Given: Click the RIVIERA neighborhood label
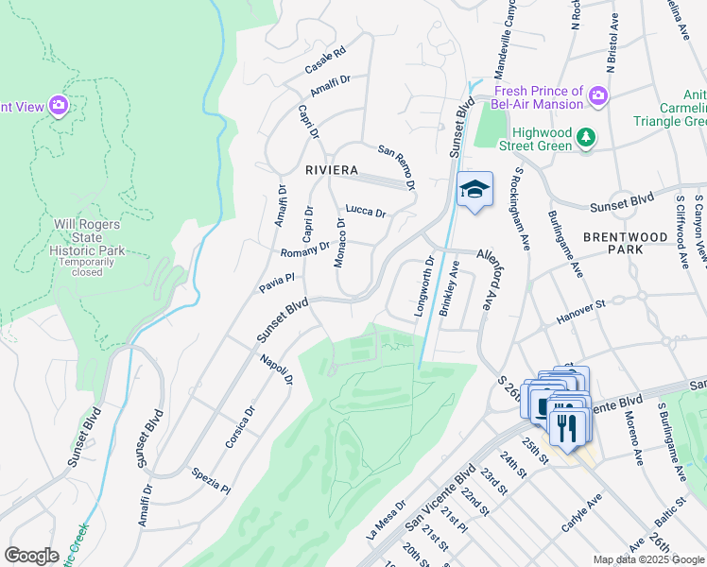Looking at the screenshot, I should coord(331,170).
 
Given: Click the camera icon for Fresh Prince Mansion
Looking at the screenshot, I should coord(597,95).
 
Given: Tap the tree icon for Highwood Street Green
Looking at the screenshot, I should coord(587,138).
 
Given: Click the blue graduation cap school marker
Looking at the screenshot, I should coord(474,190).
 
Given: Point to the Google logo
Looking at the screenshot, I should coord(32,556).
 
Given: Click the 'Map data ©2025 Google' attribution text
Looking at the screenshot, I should coord(647,559).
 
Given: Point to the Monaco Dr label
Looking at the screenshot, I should coord(340,243).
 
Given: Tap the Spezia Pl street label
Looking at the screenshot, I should coord(210,481).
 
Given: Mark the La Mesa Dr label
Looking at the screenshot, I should coord(386,521).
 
